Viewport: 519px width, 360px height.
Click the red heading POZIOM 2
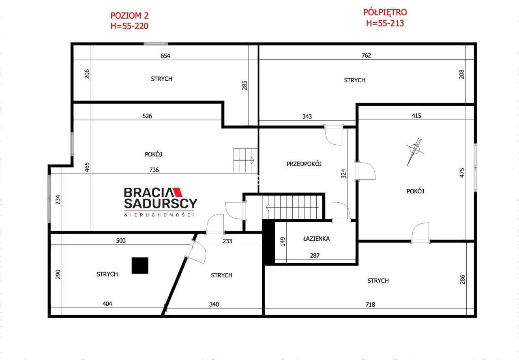coord(129,16)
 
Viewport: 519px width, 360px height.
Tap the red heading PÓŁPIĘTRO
coord(385,12)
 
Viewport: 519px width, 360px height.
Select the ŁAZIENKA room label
coord(316,238)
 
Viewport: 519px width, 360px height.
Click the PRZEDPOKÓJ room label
coord(304,164)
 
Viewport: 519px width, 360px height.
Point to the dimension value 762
coord(366,56)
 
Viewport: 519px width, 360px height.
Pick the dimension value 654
coord(165,56)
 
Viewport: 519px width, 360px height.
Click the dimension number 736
coord(154,170)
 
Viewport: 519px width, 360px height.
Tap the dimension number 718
coord(370,304)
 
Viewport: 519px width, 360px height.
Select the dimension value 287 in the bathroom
coord(315,255)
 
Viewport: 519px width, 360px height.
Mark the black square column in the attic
coord(140,266)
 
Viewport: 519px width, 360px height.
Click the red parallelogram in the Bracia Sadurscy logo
coord(178,192)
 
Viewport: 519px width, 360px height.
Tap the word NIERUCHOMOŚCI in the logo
coord(159,215)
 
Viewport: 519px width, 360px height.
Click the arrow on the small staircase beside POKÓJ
coord(252,160)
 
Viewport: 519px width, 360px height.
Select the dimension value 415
coord(416,116)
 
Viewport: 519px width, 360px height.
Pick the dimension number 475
coord(462,173)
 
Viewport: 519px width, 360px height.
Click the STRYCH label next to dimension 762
coord(354,80)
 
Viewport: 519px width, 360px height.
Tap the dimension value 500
coord(121,240)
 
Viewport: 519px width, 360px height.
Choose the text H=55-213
coord(385,23)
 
